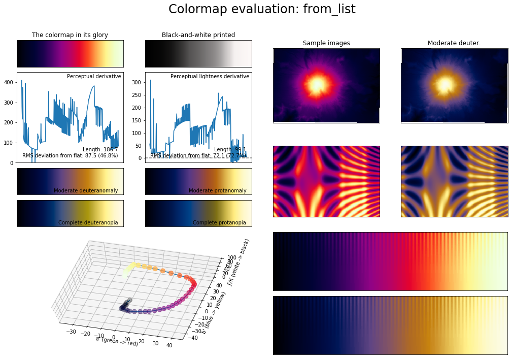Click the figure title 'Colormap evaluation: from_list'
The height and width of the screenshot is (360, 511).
click(255, 9)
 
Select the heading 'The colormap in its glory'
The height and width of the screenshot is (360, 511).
click(70, 35)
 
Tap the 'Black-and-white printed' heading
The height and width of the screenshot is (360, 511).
click(198, 35)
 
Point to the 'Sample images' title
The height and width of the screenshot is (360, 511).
click(326, 43)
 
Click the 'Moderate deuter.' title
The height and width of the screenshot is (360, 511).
click(454, 43)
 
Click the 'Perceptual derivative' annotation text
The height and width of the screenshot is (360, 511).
click(94, 76)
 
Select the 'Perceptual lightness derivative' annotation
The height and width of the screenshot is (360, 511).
click(210, 76)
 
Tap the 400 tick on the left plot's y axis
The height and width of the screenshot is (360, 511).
click(9, 82)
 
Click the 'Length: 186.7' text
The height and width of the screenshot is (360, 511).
click(100, 149)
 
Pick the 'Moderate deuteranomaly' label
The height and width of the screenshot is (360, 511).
click(86, 190)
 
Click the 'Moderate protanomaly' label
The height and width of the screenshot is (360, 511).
click(217, 190)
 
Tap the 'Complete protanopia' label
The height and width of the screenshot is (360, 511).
click(219, 222)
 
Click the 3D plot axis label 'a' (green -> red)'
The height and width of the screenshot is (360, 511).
click(117, 341)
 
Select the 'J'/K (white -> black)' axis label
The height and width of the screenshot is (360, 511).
click(239, 267)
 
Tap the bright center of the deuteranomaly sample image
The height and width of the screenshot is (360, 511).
click(445, 84)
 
